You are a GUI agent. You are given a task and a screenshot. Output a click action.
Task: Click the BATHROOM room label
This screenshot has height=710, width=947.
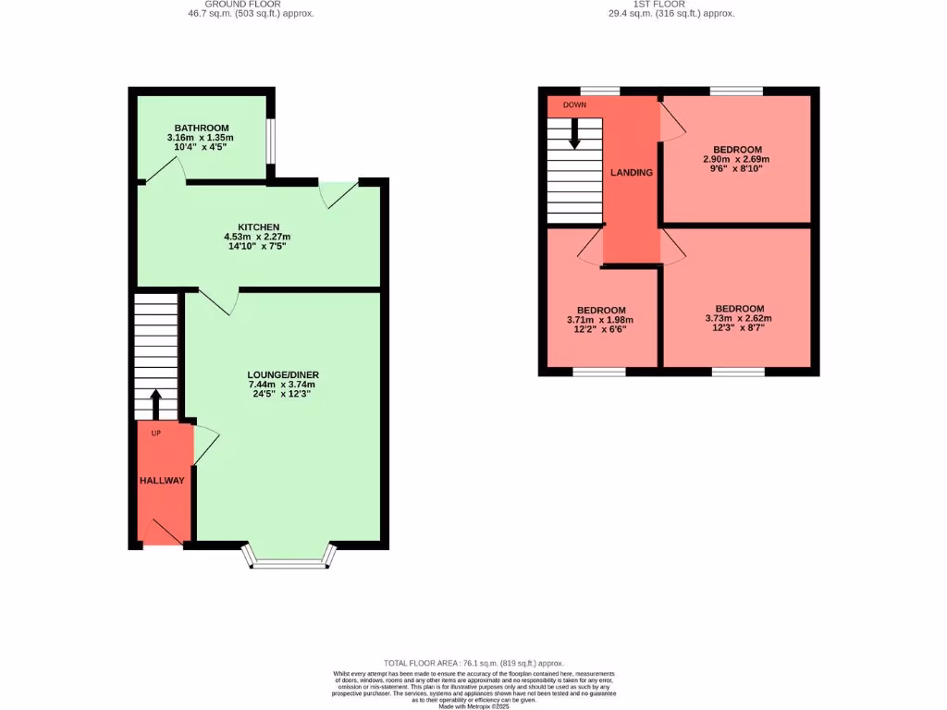click(203, 128)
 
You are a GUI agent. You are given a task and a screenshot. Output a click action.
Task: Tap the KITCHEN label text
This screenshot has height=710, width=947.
click(258, 226)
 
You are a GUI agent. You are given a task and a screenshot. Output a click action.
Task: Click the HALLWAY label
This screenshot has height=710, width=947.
click(162, 481)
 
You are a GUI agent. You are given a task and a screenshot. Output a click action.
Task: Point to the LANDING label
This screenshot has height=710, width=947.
click(631, 173)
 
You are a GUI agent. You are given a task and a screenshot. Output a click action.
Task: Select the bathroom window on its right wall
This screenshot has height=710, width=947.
click(271, 140)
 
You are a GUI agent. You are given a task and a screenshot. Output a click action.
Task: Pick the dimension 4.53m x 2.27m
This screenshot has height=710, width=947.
click(258, 237)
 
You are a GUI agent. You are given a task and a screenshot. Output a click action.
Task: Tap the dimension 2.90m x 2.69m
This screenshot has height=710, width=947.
click(737, 159)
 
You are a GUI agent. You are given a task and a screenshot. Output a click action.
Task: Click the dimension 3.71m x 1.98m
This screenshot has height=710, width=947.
click(601, 320)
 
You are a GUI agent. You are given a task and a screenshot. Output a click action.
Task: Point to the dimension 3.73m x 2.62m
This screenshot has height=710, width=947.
click(739, 319)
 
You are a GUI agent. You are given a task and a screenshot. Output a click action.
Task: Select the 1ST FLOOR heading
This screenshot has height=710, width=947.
click(659, 4)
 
